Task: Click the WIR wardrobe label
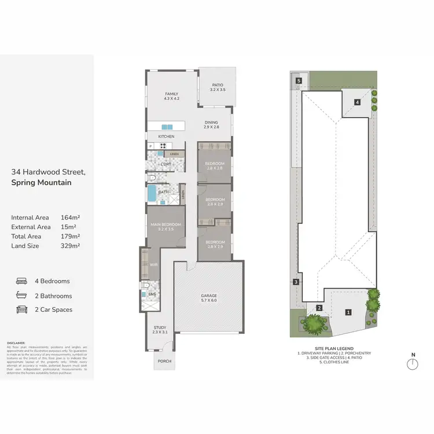(x=154, y=266)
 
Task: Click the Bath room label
(x=163, y=192)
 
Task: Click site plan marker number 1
(x=348, y=312)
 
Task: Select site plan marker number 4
(x=358, y=102)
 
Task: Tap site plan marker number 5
(x=299, y=81)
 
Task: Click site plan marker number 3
(x=296, y=282)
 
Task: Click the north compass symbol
(x=412, y=363)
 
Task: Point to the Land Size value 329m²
(x=70, y=245)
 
